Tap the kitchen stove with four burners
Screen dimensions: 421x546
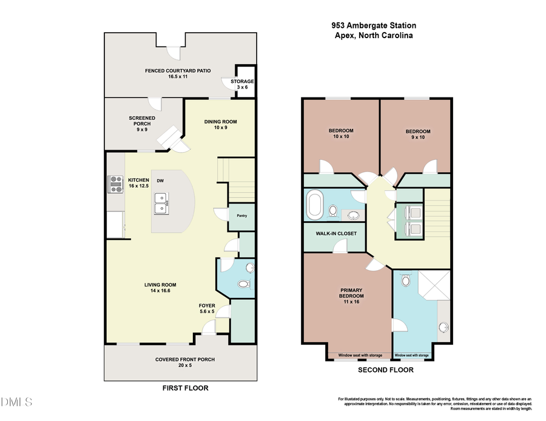(x=115, y=184)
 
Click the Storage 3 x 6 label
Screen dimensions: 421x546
(x=242, y=84)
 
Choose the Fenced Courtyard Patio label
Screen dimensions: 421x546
(x=178, y=74)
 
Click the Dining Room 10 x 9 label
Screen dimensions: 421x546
(x=220, y=125)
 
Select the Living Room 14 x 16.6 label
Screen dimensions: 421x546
(x=161, y=288)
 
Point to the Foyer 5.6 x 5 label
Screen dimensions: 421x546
(x=207, y=308)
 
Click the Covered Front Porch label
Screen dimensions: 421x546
(x=185, y=362)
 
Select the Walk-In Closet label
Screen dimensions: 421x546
(x=336, y=233)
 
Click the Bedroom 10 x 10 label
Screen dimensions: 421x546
(x=341, y=134)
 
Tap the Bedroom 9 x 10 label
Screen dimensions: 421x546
(x=417, y=134)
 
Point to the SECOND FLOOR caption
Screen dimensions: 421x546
(x=385, y=370)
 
